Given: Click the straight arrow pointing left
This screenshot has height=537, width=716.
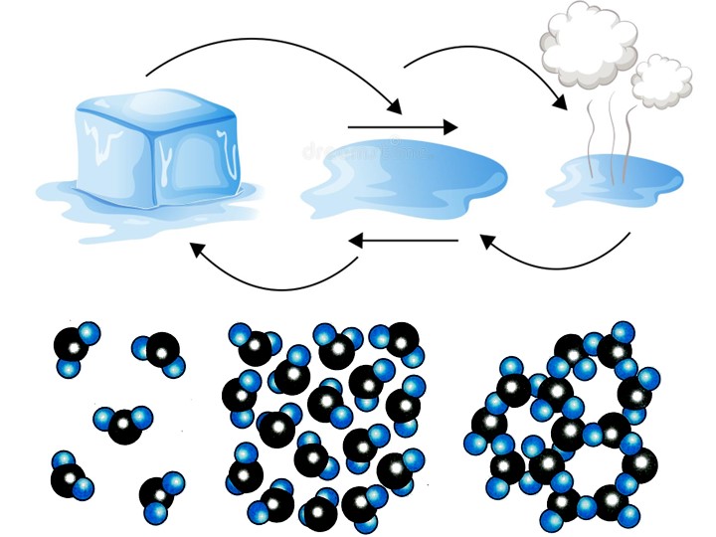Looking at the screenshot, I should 404,241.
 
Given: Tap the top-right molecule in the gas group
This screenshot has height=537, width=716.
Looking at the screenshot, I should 159,353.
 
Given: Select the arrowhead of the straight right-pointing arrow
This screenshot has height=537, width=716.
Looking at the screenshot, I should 450,127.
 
